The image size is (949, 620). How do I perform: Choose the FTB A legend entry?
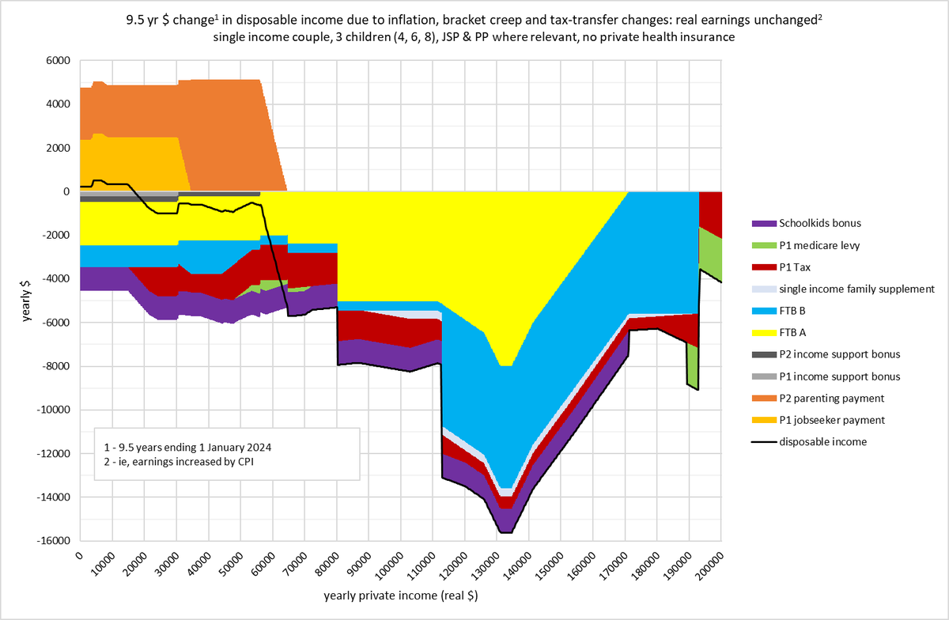tap(793, 332)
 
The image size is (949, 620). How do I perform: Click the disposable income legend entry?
tap(822, 442)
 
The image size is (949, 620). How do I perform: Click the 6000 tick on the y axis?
tap(59, 61)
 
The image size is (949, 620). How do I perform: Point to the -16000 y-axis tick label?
tap(54, 541)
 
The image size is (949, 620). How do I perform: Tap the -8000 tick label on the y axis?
tap(56, 366)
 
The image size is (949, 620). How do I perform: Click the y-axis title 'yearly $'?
tap(27, 301)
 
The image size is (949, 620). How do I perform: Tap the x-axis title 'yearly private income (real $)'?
tap(401, 595)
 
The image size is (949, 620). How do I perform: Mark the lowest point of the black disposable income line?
tap(505, 533)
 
